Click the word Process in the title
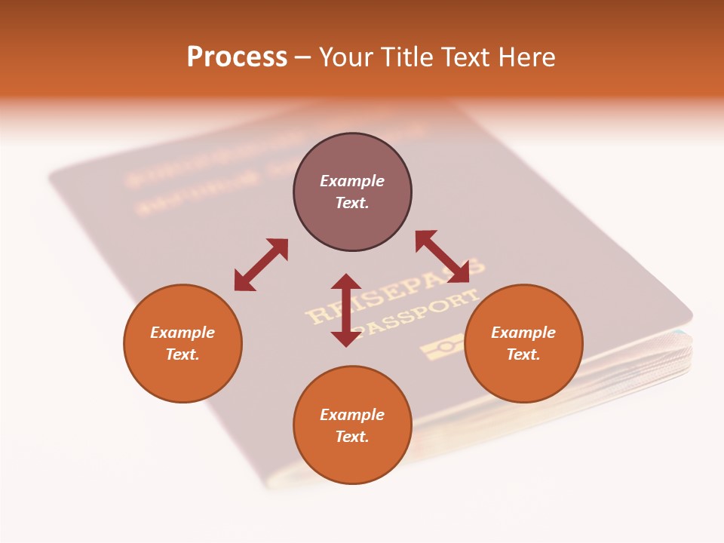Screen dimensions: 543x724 pyautogui.click(x=237, y=57)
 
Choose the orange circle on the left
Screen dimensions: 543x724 pyautogui.click(x=183, y=377)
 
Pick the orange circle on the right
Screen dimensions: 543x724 pyautogui.click(x=523, y=377)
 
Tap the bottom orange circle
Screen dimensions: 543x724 pyautogui.click(x=352, y=460)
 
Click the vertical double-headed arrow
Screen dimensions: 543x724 pyautogui.click(x=346, y=310)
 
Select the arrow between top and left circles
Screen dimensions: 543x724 pyautogui.click(x=261, y=265)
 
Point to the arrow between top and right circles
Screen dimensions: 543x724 pyautogui.click(x=442, y=256)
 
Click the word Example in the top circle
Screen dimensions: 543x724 pyautogui.click(x=352, y=181)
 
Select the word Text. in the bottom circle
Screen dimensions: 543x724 pyautogui.click(x=352, y=437)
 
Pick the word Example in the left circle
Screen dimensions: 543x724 pyautogui.click(x=183, y=333)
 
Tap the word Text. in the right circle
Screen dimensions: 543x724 pyautogui.click(x=523, y=354)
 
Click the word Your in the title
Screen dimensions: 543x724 pyautogui.click(x=346, y=57)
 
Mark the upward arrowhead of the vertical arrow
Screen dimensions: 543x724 pyautogui.click(x=346, y=281)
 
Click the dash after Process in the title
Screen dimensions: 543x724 pyautogui.click(x=303, y=57)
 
